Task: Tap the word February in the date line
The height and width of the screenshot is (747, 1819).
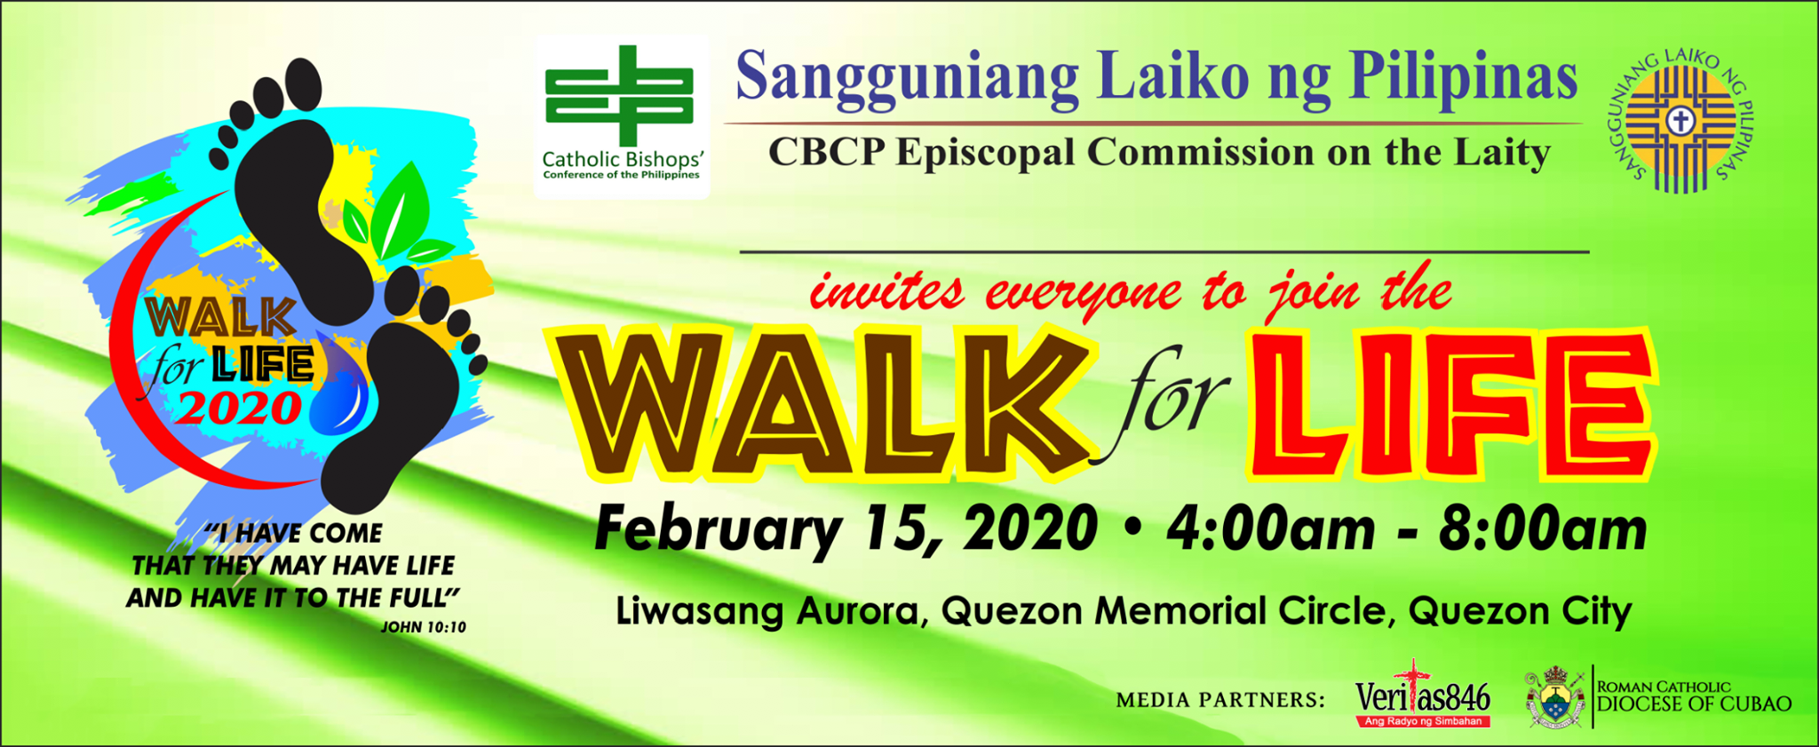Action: (718, 530)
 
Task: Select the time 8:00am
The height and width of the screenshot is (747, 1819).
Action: (1543, 529)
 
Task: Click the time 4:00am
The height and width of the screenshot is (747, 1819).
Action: (1270, 529)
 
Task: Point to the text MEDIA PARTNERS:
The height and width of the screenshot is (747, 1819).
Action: (1220, 700)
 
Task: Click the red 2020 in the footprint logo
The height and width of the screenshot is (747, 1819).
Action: (239, 408)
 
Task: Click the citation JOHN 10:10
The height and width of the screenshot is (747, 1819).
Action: (424, 627)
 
